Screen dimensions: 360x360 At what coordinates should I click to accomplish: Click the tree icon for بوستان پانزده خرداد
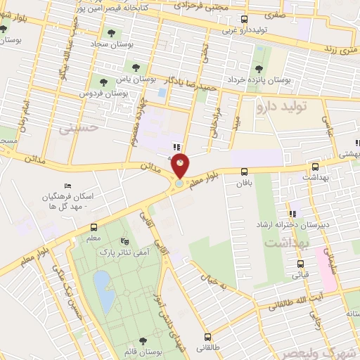[x=259, y=68]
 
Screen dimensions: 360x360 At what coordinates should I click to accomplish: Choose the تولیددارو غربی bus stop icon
[x=244, y=20]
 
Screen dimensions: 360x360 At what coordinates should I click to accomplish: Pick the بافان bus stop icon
[x=244, y=172]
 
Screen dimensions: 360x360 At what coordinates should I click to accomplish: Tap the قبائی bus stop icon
[x=300, y=265]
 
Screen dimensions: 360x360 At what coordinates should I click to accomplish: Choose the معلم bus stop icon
[x=94, y=227]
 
